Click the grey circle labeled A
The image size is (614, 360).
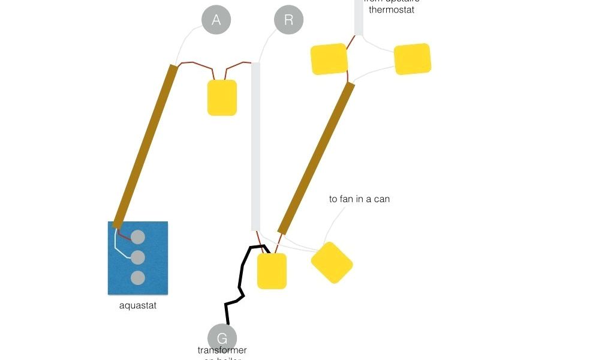(216, 20)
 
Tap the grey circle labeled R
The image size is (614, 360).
(288, 20)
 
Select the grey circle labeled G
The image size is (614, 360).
(222, 338)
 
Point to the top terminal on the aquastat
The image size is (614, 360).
(138, 237)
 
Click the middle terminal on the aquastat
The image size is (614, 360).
(138, 257)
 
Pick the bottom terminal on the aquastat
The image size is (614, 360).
(138, 278)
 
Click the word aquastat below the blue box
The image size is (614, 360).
(138, 305)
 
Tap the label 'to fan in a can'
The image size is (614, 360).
(359, 199)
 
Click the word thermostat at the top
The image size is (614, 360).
(391, 10)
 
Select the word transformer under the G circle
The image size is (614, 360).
(222, 350)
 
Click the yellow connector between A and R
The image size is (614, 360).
(222, 97)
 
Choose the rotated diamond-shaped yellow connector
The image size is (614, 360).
(332, 262)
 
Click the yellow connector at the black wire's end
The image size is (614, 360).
(272, 271)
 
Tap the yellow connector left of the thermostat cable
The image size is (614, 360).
(329, 59)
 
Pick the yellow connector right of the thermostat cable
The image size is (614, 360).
(412, 59)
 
